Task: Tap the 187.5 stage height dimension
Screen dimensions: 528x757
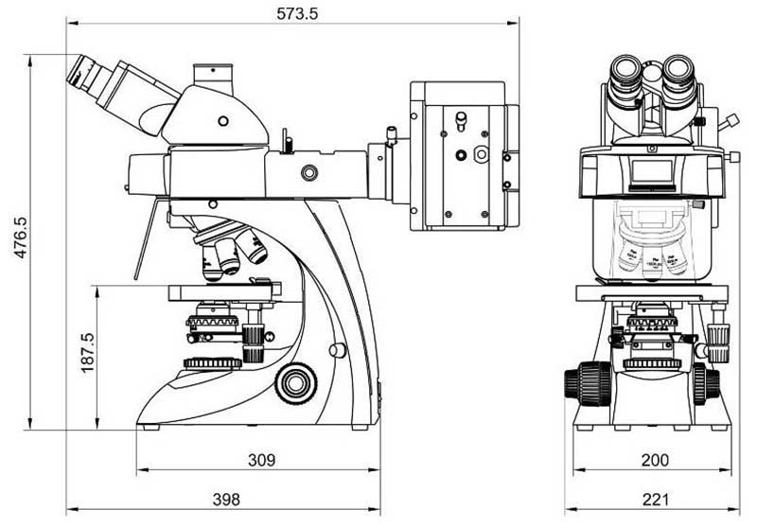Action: (88, 352)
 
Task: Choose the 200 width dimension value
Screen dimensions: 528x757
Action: (654, 460)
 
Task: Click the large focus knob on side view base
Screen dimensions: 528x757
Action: (295, 382)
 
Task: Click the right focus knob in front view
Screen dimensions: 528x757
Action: (706, 382)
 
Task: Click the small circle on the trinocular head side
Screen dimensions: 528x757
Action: (222, 120)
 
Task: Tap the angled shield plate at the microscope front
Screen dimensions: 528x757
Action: (143, 242)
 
